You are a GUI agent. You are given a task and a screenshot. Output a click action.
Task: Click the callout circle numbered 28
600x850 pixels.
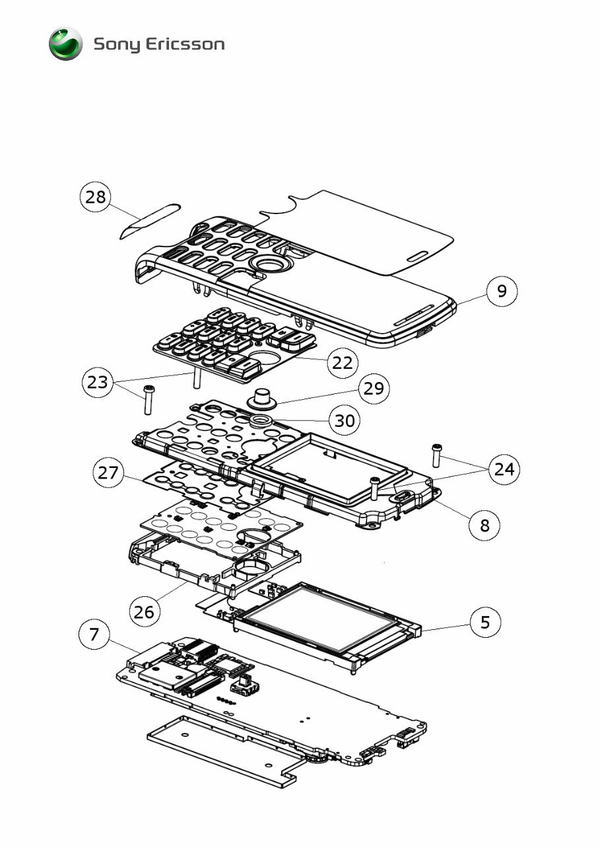tap(96, 198)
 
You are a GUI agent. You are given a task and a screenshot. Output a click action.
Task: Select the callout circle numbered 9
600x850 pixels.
tap(502, 291)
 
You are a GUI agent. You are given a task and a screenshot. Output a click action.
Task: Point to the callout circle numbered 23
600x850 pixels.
tap(97, 383)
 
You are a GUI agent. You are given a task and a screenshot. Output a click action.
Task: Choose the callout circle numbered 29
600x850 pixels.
tap(374, 388)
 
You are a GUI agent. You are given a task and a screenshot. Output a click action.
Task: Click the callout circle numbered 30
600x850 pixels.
tap(345, 420)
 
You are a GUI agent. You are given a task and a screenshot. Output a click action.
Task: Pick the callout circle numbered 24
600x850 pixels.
tap(504, 469)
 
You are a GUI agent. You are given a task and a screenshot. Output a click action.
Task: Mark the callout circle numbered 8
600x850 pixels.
tap(485, 525)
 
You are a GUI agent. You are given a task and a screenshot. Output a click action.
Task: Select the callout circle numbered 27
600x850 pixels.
tap(108, 473)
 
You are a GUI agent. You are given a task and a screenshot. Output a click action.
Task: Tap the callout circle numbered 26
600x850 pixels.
tap(144, 611)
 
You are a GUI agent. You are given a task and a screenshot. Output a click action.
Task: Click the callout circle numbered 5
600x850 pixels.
tap(486, 622)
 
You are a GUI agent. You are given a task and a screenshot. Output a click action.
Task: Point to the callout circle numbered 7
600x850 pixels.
tap(94, 635)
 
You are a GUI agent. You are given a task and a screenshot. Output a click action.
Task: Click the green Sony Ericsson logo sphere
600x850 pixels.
tap(65, 44)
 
